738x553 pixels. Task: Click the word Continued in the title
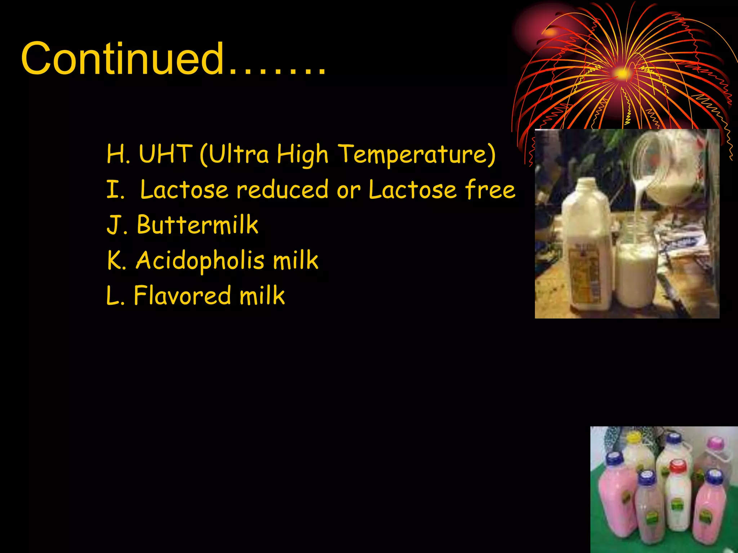(x=123, y=58)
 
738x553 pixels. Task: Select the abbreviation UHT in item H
(x=165, y=154)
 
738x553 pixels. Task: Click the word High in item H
(x=302, y=154)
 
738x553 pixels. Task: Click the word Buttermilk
(x=197, y=225)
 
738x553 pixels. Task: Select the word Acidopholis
(x=200, y=261)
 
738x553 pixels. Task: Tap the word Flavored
(x=182, y=296)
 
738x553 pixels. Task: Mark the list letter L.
(x=115, y=296)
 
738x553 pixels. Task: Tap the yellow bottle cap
(x=634, y=437)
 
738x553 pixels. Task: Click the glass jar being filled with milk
(x=636, y=266)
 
